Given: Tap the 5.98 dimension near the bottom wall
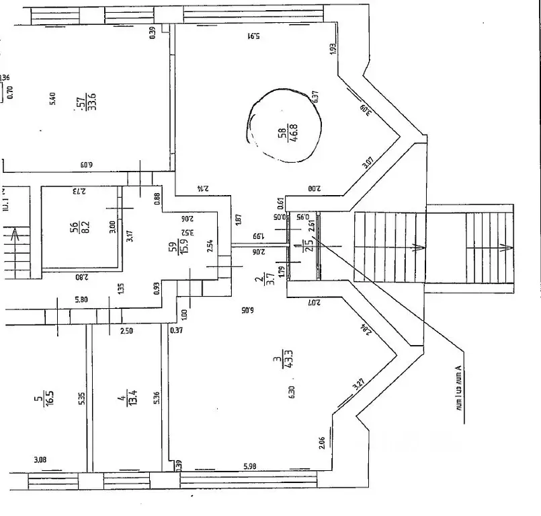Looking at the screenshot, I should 249,466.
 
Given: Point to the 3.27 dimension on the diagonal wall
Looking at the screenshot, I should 359,386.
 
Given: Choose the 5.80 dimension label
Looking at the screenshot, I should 81,299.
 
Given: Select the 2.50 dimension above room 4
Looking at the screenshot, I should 126,330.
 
